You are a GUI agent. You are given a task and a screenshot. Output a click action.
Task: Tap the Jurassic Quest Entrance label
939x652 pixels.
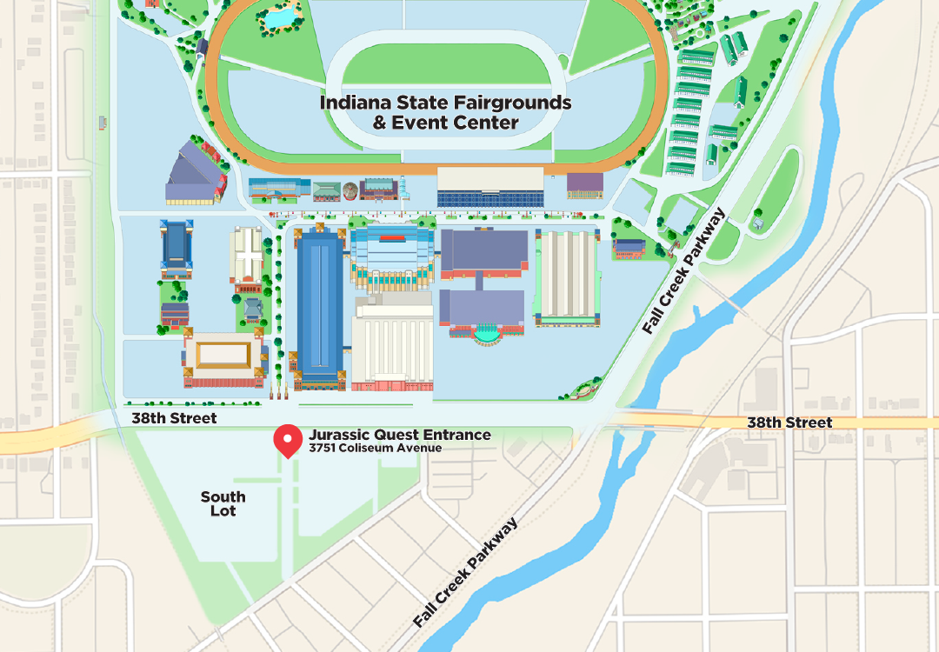[x=399, y=435]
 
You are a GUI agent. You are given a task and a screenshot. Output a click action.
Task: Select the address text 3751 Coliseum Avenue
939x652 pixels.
[x=375, y=449]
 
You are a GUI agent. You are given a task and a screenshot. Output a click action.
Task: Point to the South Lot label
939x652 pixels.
[x=223, y=503]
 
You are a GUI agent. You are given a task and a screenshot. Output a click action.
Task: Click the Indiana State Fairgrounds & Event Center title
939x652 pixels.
[x=445, y=111]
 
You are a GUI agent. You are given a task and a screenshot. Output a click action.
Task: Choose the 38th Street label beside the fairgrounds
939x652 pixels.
[x=174, y=418]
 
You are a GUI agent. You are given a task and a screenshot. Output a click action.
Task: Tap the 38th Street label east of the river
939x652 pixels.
[x=789, y=422]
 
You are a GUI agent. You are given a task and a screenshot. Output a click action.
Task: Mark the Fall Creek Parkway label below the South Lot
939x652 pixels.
[x=466, y=573]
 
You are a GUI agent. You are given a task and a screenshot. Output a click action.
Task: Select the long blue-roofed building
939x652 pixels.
[x=320, y=304]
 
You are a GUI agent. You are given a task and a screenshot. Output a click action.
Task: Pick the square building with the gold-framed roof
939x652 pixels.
[x=223, y=355]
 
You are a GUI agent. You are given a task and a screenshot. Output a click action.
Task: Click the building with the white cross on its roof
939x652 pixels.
[x=246, y=256]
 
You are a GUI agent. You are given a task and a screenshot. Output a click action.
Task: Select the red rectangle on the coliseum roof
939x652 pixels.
[x=393, y=236]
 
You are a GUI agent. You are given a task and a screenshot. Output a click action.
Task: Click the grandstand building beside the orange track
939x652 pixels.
[x=489, y=187]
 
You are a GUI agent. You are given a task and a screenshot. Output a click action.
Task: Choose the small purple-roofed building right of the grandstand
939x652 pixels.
[x=584, y=183]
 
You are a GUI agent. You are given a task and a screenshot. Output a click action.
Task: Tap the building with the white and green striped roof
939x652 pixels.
[x=567, y=277]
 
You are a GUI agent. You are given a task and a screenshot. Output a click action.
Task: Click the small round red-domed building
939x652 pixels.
[x=350, y=190]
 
